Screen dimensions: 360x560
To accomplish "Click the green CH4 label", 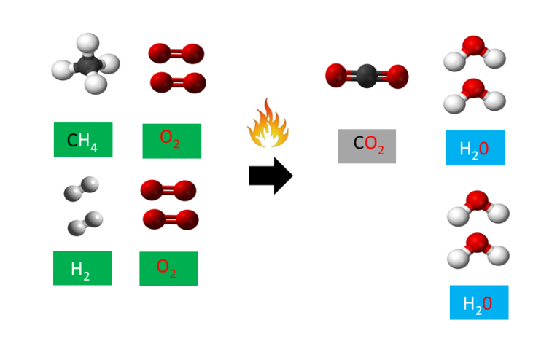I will pos(82,139).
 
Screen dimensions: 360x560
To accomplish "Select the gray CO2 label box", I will pos(367,146).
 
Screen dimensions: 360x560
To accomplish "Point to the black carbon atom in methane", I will pos(85,65).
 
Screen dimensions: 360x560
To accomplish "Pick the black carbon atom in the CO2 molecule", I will pos(367,75).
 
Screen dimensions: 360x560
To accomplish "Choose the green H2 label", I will pos(82,268).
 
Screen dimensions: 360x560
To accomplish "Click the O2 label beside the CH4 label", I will pos(171,141).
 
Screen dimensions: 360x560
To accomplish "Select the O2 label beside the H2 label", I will pos(168,268).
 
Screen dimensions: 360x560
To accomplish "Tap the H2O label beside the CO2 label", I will pos(475,148).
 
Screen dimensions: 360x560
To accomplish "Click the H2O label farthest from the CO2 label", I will pos(478,302).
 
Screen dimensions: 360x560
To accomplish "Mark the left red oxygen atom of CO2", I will pos(336,74).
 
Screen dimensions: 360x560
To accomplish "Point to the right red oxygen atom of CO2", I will pos(397,76).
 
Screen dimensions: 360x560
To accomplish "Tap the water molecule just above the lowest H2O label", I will pos(478,249).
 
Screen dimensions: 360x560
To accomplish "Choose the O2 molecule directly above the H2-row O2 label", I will pos(171,219).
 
